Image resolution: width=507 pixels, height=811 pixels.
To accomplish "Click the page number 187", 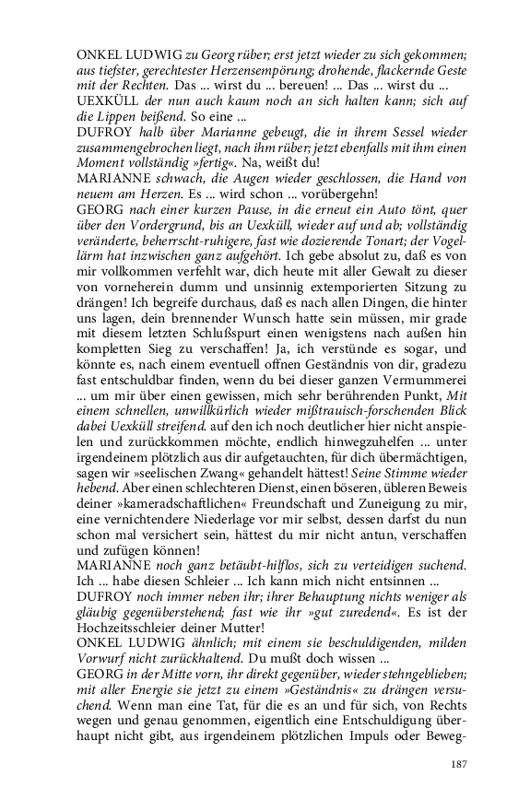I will click(460, 764).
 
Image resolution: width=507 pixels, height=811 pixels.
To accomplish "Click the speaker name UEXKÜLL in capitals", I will click(109, 100).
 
